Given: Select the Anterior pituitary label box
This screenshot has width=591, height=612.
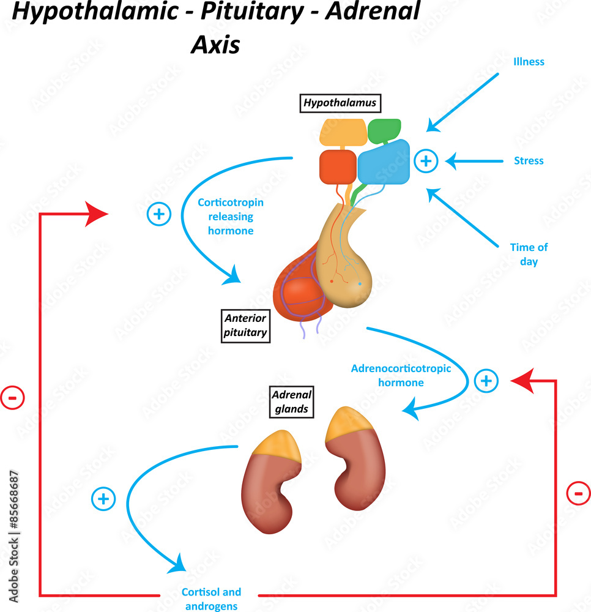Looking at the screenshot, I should click(x=245, y=325).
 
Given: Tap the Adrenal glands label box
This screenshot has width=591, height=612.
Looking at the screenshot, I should click(x=292, y=401).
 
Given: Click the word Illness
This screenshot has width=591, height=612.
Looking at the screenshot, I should click(x=529, y=62).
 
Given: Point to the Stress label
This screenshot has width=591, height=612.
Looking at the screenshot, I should click(x=529, y=161).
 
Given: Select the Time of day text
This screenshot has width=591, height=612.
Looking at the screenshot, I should click(x=529, y=254).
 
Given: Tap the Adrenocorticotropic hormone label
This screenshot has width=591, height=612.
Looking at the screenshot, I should click(x=401, y=375).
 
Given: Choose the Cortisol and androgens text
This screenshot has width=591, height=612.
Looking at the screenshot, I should click(x=212, y=599).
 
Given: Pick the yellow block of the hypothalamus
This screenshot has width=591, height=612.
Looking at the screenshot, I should click(x=343, y=132).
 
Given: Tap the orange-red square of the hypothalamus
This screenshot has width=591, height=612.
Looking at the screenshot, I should click(x=338, y=167).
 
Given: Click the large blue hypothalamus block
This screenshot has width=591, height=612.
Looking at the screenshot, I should click(x=384, y=163).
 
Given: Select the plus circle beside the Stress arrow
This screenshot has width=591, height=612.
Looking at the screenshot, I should click(x=426, y=161).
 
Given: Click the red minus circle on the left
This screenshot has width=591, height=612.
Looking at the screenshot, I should click(x=12, y=398).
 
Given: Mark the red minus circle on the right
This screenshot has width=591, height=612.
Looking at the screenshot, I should click(x=578, y=493).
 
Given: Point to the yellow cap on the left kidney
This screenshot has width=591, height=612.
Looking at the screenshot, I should click(x=277, y=444).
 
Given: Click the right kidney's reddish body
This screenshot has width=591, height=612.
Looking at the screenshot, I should click(x=357, y=471).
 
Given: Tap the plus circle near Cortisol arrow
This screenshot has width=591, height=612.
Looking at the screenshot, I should click(x=103, y=499).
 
